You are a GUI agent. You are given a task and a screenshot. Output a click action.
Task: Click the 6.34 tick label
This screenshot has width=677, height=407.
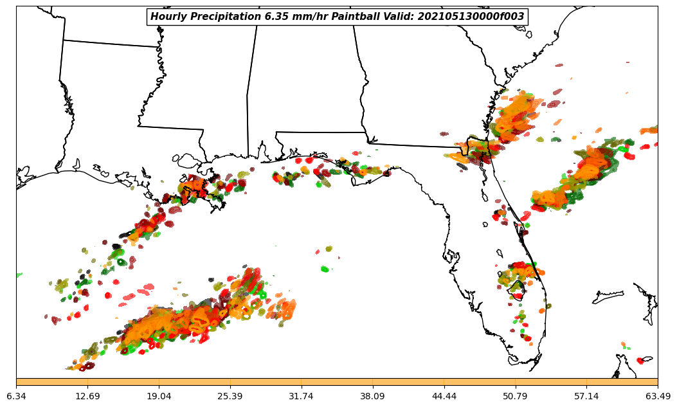pyautogui.click(x=16, y=396)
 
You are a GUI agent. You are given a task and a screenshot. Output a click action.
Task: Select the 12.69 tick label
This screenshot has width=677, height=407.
pyautogui.click(x=87, y=396)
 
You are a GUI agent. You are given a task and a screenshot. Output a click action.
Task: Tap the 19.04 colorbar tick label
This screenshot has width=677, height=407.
pyautogui.click(x=159, y=396)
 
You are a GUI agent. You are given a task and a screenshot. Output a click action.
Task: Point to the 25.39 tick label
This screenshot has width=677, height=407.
pyautogui.click(x=230, y=396)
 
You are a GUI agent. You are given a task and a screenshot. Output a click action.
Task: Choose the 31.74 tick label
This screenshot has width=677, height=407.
pyautogui.click(x=302, y=396)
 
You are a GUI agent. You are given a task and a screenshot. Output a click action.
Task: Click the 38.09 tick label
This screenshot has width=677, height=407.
pyautogui.click(x=373, y=396)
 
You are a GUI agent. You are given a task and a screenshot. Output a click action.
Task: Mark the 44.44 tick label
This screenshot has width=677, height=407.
pyautogui.click(x=444, y=396)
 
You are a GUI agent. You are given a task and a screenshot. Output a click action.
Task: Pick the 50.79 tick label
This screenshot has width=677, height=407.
pyautogui.click(x=516, y=396)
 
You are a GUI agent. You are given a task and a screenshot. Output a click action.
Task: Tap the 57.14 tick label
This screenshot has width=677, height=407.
pyautogui.click(x=587, y=396)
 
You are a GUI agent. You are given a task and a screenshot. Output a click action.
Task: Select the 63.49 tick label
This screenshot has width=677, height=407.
pyautogui.click(x=658, y=396)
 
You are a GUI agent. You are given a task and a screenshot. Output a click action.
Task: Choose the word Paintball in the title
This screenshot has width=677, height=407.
pyautogui.click(x=356, y=17)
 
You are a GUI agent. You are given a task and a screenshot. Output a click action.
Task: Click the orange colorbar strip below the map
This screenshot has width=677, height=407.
pyautogui.click(x=337, y=382)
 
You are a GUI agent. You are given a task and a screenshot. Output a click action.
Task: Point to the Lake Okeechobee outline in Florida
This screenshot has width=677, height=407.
pyautogui.click(x=516, y=292)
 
